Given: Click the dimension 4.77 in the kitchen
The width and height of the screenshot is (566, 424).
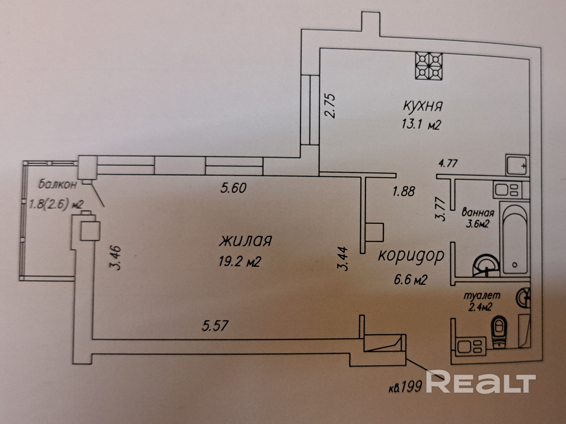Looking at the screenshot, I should pos(448,163).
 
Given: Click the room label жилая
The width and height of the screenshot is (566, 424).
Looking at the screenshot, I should pos(245,241).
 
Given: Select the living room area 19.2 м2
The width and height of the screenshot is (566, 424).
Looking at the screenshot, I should pos(240,261).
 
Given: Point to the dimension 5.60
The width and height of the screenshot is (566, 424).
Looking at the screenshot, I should pos(233,188).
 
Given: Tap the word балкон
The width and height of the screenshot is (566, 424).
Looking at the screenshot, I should pos(58,184).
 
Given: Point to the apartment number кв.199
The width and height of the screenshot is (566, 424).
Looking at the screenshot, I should pos(405,387).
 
